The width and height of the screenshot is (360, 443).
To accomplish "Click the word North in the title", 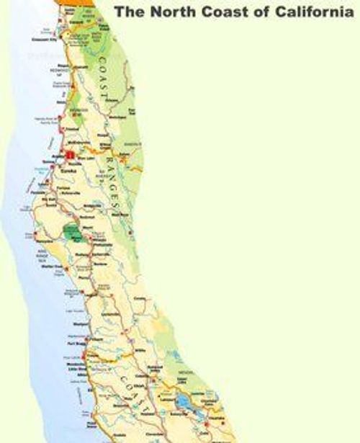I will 163,12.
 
